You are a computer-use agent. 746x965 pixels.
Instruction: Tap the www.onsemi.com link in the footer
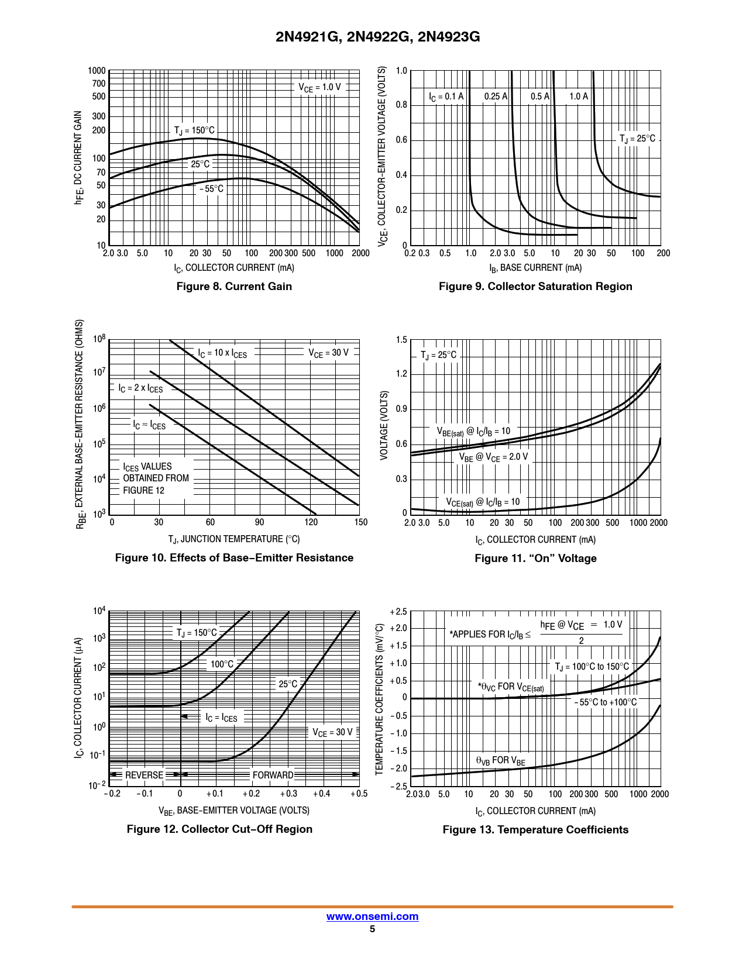pos(372,916)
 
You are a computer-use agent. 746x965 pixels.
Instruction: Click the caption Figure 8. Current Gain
pos(234,287)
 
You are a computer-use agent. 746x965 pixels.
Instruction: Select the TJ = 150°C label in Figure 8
pos(194,130)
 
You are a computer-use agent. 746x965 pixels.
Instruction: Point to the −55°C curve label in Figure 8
pos(211,189)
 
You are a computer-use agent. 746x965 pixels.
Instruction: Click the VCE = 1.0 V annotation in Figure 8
pos(319,87)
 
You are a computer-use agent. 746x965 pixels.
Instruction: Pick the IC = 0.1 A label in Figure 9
pos(446,96)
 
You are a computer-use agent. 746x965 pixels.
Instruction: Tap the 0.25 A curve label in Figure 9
pos(496,96)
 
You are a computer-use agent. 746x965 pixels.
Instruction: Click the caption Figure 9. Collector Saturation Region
pos(535,287)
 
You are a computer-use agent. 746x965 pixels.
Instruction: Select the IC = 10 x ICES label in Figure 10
pos(222,353)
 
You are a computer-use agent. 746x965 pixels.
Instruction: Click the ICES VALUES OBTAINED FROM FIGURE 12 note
pos(156,478)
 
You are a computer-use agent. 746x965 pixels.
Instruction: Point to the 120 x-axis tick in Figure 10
pos(311,522)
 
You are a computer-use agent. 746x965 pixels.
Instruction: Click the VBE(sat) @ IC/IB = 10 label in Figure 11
pos(473,432)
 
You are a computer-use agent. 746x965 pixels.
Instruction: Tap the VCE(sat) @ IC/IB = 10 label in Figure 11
pos(483,502)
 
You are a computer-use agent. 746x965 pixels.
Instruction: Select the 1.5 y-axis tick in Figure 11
pos(401,340)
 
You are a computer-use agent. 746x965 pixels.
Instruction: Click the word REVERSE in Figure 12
pos(144,775)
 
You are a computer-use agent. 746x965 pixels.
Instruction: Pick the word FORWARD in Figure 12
pos(273,775)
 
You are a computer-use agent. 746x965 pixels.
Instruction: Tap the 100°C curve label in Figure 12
pos(222,664)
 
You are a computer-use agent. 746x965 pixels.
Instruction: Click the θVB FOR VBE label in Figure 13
pos(500,760)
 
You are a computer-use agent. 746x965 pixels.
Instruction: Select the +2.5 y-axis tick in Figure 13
pos(398,612)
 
